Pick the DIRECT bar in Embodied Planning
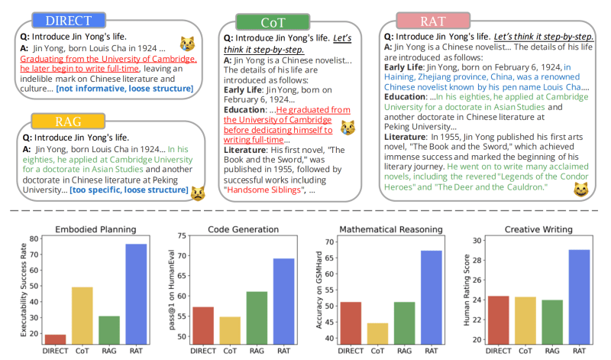(55, 339)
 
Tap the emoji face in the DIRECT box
(186, 44)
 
